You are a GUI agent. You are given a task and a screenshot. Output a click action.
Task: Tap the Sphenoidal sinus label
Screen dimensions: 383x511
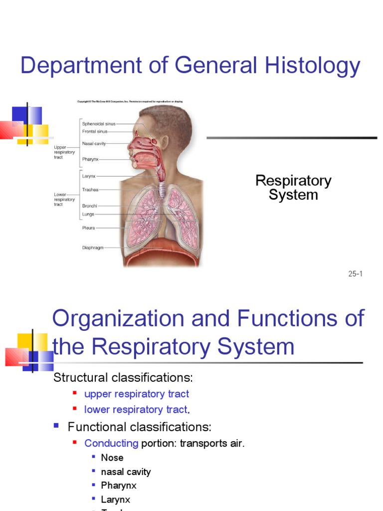(x=99, y=123)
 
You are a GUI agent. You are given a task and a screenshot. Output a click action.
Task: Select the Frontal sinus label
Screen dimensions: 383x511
(x=95, y=132)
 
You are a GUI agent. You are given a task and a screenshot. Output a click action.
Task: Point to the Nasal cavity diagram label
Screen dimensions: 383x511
(x=94, y=144)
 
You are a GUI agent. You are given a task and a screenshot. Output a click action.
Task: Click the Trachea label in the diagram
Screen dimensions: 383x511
(x=90, y=190)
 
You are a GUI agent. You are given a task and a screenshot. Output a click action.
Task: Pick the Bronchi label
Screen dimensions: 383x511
(x=90, y=206)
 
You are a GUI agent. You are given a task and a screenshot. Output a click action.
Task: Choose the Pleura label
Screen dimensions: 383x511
(x=88, y=228)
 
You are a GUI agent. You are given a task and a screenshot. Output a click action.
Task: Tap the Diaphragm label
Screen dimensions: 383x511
(x=93, y=248)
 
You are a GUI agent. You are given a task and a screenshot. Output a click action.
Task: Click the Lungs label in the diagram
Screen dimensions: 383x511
(x=88, y=214)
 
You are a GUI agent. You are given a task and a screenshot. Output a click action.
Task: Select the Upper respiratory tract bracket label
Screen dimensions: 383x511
(x=64, y=152)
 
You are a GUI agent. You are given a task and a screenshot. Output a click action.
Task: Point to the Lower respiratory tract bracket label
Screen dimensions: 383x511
(x=64, y=199)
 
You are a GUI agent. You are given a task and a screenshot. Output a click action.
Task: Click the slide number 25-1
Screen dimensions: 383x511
(x=355, y=274)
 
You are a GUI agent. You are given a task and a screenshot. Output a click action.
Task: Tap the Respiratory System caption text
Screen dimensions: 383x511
(x=293, y=188)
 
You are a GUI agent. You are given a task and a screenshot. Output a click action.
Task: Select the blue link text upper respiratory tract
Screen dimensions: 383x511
(x=137, y=394)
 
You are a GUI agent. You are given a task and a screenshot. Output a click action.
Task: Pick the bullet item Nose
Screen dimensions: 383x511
(x=112, y=458)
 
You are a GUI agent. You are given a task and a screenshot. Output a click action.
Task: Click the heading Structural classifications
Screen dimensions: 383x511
(x=123, y=377)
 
